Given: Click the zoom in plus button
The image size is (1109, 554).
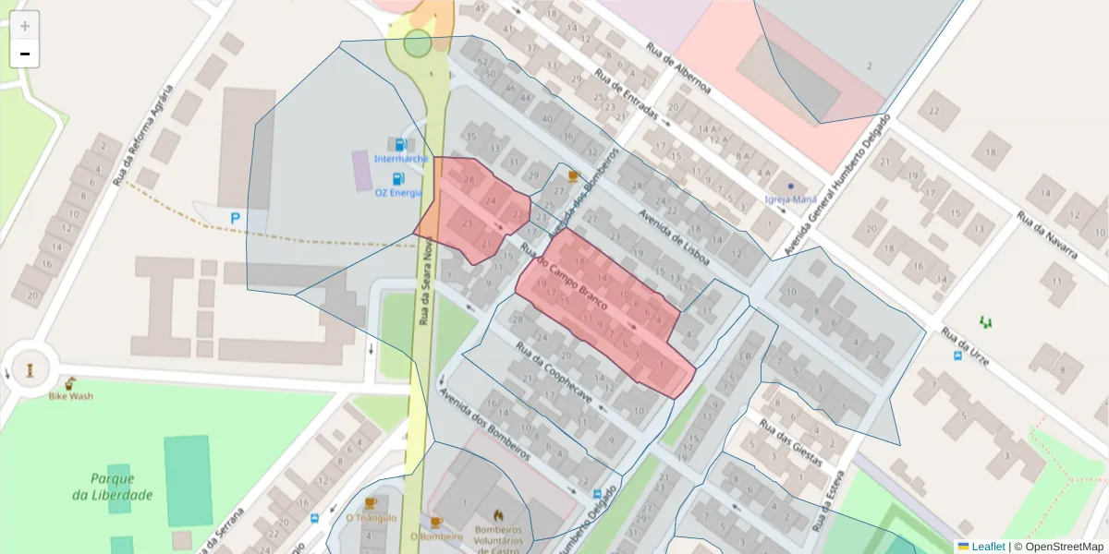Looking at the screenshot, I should pyautogui.click(x=25, y=26).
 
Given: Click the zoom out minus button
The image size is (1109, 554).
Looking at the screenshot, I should pyautogui.click(x=25, y=54).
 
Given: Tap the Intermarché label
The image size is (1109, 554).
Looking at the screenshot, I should pyautogui.click(x=400, y=158).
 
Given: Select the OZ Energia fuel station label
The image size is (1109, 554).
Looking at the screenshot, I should pyautogui.click(x=398, y=192).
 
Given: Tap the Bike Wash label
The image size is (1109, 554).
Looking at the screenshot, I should pyautogui.click(x=70, y=396).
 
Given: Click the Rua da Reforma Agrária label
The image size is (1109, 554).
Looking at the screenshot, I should pyautogui.click(x=142, y=135).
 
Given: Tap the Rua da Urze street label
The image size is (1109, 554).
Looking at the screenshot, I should pyautogui.click(x=965, y=346).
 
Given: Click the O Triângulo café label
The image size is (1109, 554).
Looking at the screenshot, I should pyautogui.click(x=371, y=517).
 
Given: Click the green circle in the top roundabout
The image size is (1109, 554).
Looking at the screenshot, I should pyautogui.click(x=418, y=42).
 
